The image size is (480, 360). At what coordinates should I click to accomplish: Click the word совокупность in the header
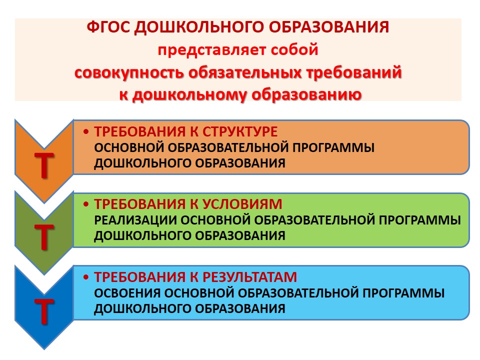coord(129,73)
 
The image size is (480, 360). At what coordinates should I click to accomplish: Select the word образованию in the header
coord(306,95)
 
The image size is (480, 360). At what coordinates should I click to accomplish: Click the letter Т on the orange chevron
coord(44,165)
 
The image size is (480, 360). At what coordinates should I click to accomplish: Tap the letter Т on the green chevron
coord(44,237)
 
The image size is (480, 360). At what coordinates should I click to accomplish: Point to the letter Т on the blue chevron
coord(44,311)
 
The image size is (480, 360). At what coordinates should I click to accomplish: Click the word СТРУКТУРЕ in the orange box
coord(240,132)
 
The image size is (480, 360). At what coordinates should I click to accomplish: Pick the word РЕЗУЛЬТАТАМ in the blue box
coord(250,277)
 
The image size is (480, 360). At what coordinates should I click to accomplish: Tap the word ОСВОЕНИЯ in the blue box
coord(127,293)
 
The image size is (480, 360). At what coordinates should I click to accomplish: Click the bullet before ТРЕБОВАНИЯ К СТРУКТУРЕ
coord(86,132)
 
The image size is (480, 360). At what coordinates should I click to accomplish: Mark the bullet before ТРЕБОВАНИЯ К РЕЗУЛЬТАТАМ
coord(86,277)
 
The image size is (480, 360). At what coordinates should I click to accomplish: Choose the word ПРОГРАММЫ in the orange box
coord(333,147)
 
